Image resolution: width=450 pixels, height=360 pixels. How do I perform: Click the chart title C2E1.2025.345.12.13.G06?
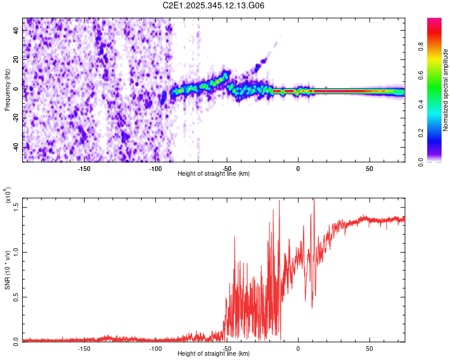tap(214, 5)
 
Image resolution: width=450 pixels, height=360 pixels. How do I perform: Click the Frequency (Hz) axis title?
tap(8, 90)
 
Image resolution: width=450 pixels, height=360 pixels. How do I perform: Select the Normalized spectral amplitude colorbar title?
tap(446, 90)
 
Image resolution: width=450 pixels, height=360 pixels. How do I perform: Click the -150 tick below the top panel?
tap(83, 168)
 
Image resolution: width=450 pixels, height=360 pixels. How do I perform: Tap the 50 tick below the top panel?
tap(370, 168)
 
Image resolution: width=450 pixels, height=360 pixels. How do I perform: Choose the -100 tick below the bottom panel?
tap(155, 348)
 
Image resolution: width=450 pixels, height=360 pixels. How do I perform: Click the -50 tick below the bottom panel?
tap(226, 348)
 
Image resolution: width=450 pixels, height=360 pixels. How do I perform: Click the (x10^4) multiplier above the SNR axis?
tap(8, 196)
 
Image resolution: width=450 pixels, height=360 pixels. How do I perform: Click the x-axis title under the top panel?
tap(214, 174)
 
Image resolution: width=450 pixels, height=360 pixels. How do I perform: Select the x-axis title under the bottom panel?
tap(214, 354)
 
